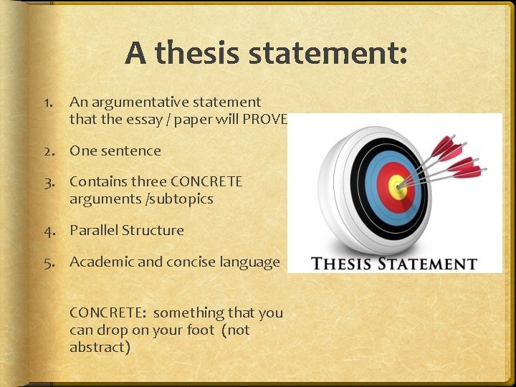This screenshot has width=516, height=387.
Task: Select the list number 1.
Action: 47,102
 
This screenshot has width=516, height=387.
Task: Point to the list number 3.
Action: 47,182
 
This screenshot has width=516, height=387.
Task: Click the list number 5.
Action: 47,262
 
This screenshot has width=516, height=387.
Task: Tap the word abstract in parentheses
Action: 100,348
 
